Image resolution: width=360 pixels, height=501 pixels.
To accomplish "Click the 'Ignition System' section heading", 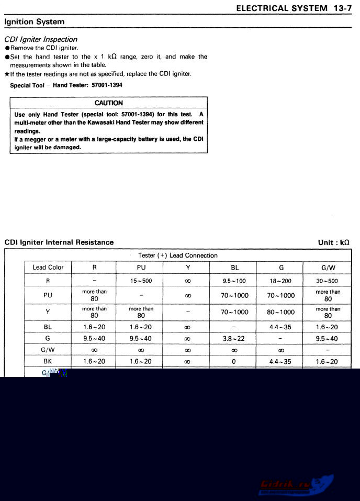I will [35, 22].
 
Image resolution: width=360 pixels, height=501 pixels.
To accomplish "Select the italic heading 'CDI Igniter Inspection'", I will [41, 39].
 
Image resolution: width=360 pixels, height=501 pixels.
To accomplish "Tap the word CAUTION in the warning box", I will [109, 103].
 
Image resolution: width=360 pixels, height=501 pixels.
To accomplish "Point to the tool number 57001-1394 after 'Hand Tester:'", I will [107, 85].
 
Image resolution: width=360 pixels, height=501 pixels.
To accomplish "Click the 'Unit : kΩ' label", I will [333, 242].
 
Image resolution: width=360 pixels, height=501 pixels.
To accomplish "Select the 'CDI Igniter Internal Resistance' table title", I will [59, 242].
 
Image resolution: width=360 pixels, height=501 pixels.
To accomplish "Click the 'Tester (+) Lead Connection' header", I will [178, 255].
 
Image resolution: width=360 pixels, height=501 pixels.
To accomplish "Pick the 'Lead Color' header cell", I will [48, 268].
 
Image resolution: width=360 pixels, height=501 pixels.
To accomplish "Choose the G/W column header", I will [328, 268].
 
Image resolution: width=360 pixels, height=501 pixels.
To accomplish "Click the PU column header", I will [141, 268].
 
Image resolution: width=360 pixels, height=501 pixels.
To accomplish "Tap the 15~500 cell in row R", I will [141, 281].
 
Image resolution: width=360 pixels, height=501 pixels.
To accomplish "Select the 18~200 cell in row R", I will [281, 281].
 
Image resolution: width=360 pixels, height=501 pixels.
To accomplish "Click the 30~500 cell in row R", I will [328, 281].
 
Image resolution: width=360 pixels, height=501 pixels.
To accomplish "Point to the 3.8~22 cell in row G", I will [234, 339].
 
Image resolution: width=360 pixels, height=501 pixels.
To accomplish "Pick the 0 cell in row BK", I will [234, 362].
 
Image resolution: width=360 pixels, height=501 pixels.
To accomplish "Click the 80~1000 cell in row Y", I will [281, 313].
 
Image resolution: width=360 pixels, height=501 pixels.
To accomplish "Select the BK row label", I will [48, 362].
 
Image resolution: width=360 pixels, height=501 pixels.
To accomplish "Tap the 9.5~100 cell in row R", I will [234, 281].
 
